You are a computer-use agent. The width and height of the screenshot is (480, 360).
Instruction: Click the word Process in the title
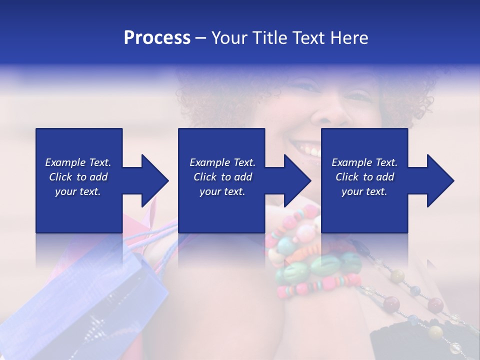click(x=157, y=38)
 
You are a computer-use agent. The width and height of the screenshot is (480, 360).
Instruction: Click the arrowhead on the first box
click(x=155, y=180)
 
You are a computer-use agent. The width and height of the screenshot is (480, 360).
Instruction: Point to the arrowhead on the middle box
click(x=297, y=180)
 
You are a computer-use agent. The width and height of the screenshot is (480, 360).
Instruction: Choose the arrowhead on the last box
click(x=440, y=180)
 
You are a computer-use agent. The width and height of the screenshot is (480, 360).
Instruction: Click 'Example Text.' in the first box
click(x=78, y=162)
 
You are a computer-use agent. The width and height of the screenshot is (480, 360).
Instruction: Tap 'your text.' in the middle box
click(x=222, y=191)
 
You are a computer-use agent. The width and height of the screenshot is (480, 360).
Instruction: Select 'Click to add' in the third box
click(x=364, y=177)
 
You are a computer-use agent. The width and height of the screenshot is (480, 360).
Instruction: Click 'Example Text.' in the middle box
click(x=222, y=162)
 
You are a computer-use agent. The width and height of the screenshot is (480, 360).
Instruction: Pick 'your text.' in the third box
click(x=364, y=191)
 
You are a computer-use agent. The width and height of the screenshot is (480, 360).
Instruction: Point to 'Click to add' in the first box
click(x=78, y=177)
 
